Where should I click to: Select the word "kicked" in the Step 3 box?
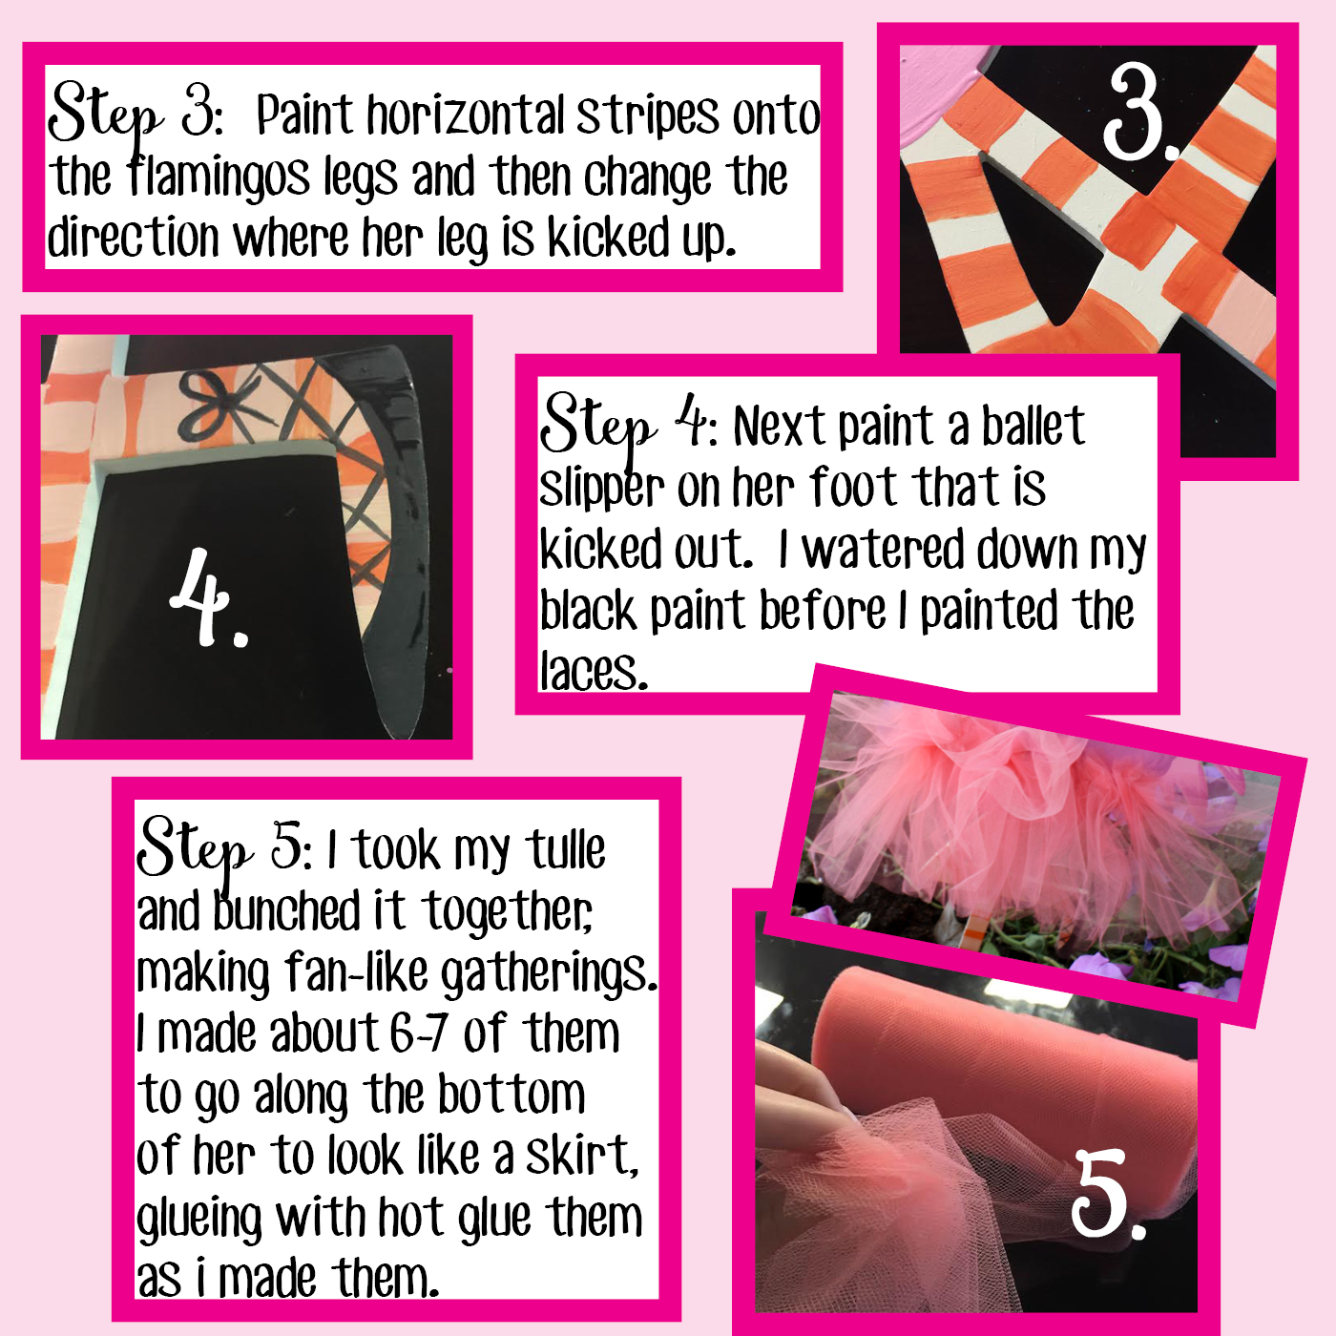[x=609, y=237]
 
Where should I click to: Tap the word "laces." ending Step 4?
[x=594, y=671]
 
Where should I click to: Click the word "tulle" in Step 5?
[x=565, y=850]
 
